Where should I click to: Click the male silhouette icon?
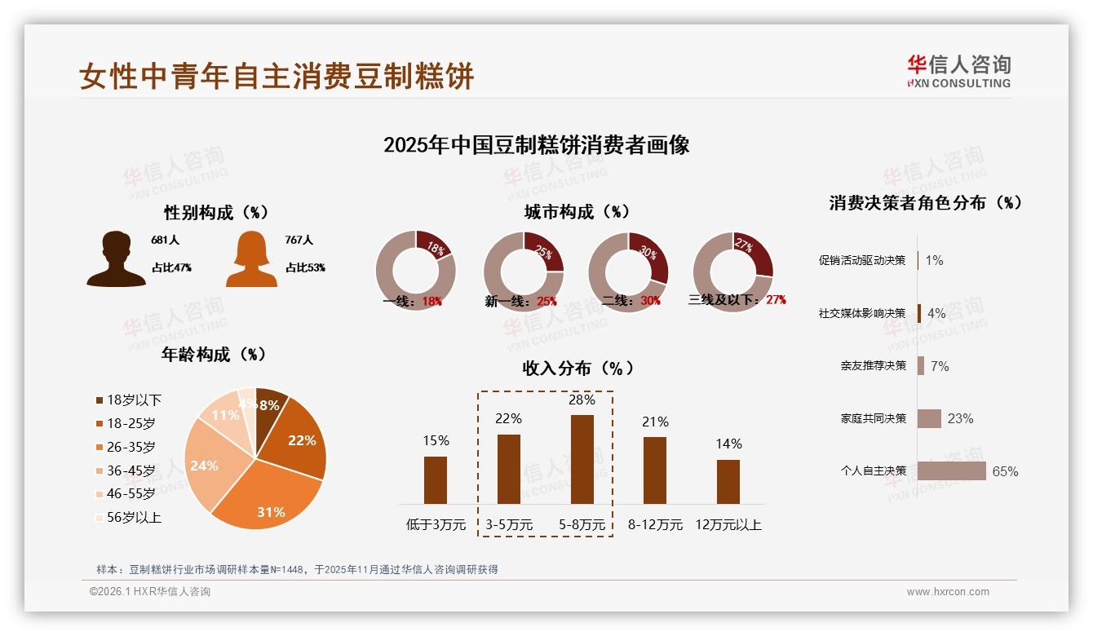pos(116,259)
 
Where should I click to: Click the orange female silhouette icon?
pos(251,259)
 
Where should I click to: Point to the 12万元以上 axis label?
pos(728,525)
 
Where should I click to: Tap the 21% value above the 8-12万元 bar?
pos(655,422)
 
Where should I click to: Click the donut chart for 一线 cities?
pos(415,271)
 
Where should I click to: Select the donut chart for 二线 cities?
pos(628,271)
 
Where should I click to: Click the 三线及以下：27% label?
pos(737,300)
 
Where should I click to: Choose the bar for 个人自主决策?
pos(951,471)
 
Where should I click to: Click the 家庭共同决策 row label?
pos(873,418)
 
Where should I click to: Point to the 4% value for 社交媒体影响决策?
pos(936,313)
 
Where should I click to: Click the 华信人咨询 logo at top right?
pos(958,71)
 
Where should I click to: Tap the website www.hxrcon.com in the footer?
pos(947,592)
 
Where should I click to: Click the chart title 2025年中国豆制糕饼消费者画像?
pos(536,145)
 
